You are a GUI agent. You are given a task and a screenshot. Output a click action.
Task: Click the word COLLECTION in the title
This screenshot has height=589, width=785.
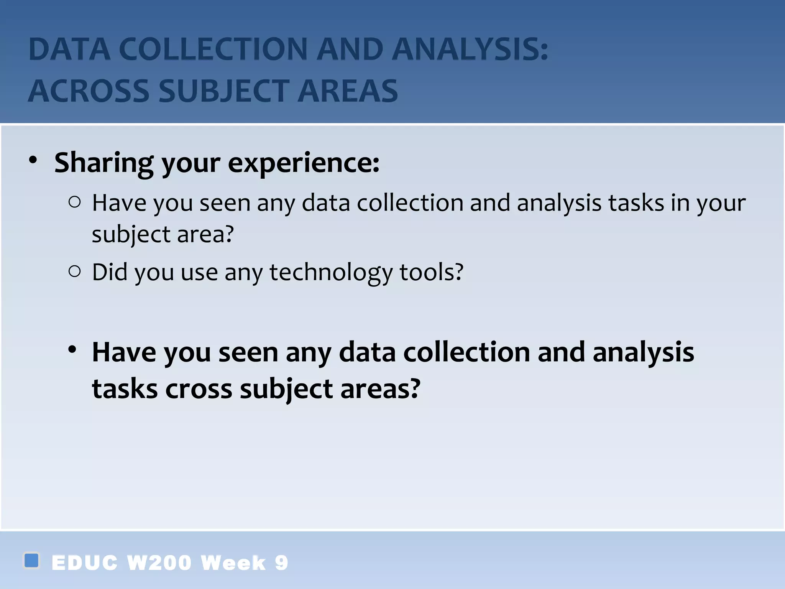(213, 49)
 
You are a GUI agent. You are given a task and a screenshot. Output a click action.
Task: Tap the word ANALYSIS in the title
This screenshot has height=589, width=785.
(470, 49)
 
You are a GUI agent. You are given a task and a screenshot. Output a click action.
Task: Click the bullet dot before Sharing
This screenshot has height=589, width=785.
(33, 160)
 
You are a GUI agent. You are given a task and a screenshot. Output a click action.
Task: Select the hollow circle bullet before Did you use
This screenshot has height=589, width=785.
(75, 271)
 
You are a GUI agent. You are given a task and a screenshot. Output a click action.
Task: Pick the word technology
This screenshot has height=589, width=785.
(331, 273)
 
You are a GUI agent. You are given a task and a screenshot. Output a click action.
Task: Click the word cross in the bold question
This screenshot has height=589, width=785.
(199, 389)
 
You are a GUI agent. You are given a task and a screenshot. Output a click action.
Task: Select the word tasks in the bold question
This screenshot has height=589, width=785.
(125, 389)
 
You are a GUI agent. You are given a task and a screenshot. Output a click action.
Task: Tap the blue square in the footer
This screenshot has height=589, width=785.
(31, 560)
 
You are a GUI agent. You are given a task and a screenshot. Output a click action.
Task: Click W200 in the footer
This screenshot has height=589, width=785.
(159, 563)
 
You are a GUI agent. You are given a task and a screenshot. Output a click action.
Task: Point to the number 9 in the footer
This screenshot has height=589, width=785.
(281, 563)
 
